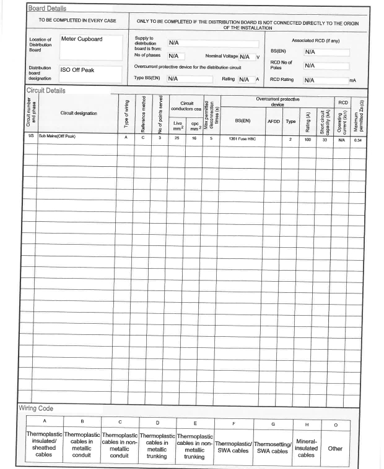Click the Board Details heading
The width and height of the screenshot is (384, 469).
47,9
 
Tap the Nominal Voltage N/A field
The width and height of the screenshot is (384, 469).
245,56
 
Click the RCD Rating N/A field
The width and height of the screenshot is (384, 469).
325,80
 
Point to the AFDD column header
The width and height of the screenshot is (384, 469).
273,121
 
